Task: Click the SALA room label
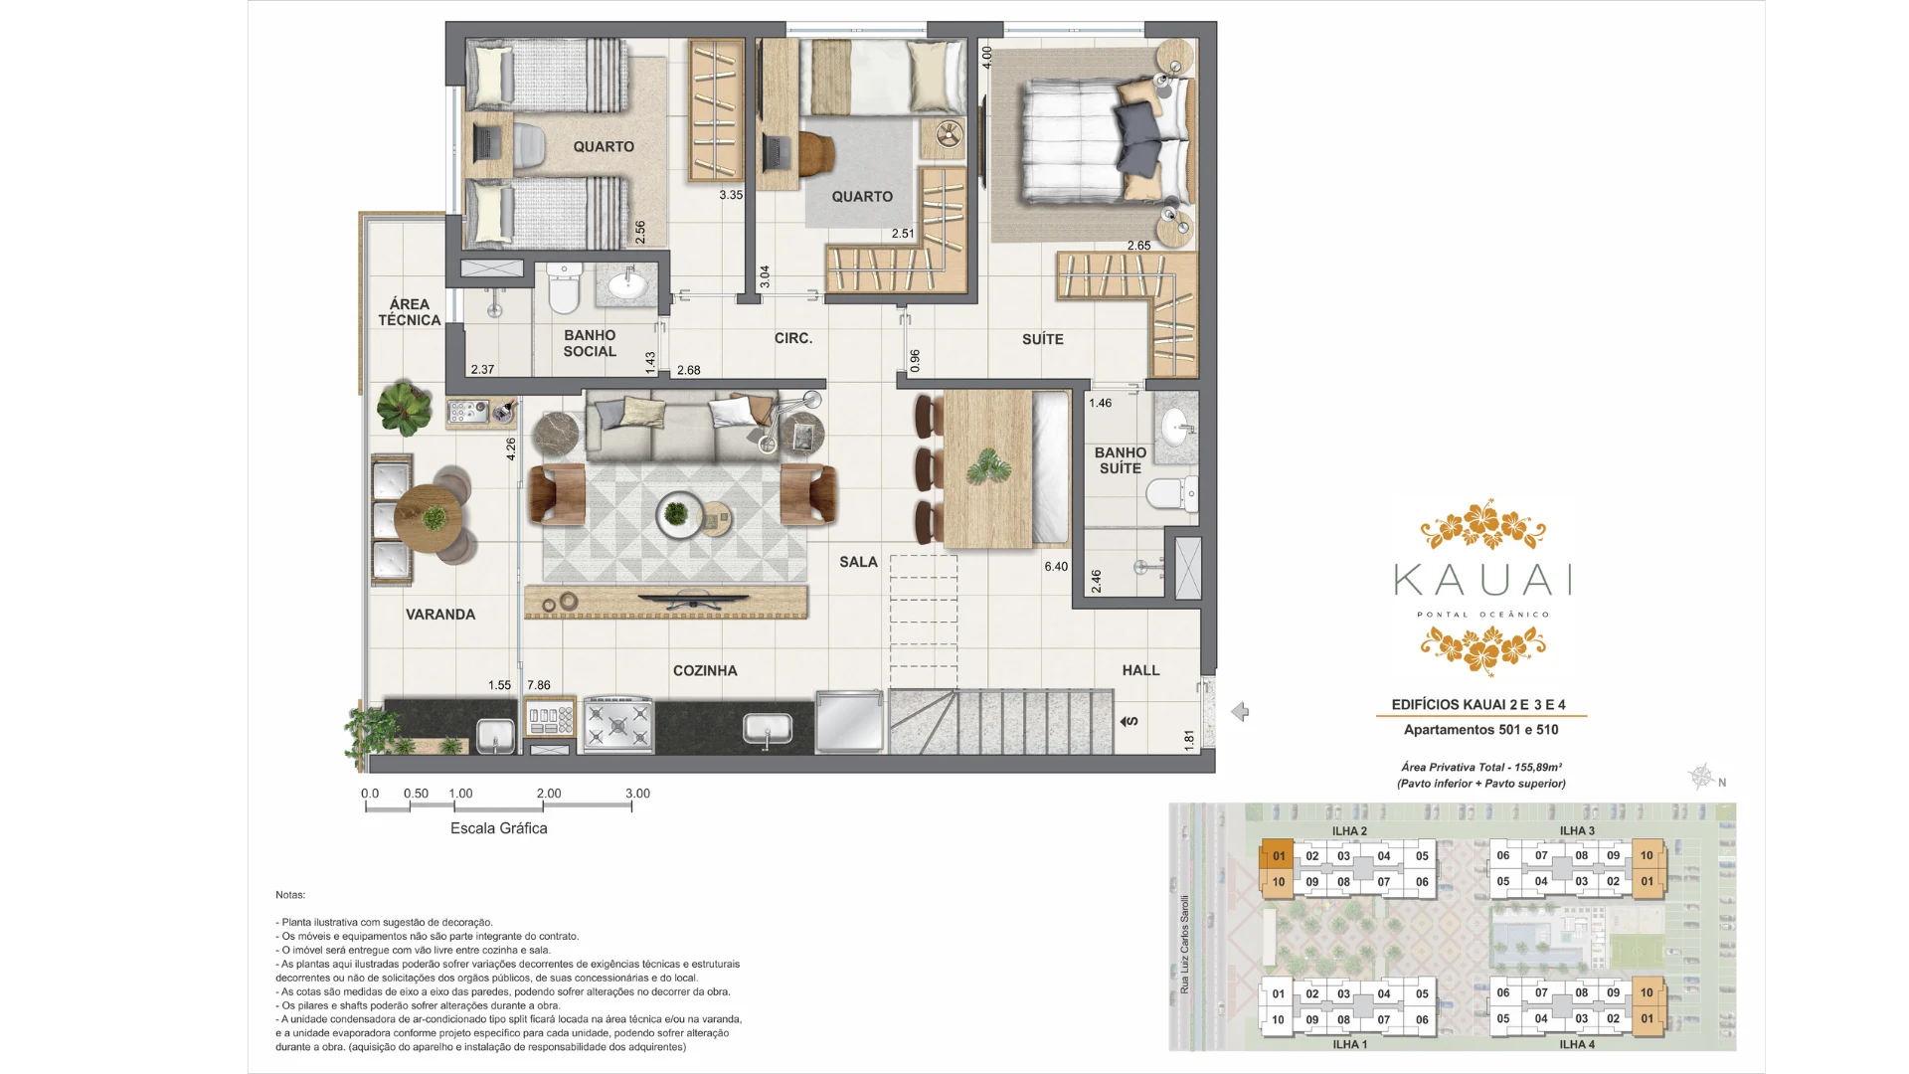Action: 858,562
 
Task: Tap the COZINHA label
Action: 705,670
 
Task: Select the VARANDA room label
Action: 440,615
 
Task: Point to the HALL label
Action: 1140,670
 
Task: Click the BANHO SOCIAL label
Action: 590,343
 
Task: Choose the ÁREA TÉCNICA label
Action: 410,311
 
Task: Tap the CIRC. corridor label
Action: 793,338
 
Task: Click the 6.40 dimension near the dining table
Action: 1056,567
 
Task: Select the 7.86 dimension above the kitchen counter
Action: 539,685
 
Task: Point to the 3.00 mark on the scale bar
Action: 637,794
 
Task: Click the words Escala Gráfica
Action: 499,828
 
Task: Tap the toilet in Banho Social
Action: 564,288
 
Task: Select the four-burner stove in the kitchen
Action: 618,722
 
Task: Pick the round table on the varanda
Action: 429,518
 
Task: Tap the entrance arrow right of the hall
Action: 1240,712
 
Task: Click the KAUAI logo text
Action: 1482,580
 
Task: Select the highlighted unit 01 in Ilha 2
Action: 1279,856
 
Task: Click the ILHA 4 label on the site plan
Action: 1577,1044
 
